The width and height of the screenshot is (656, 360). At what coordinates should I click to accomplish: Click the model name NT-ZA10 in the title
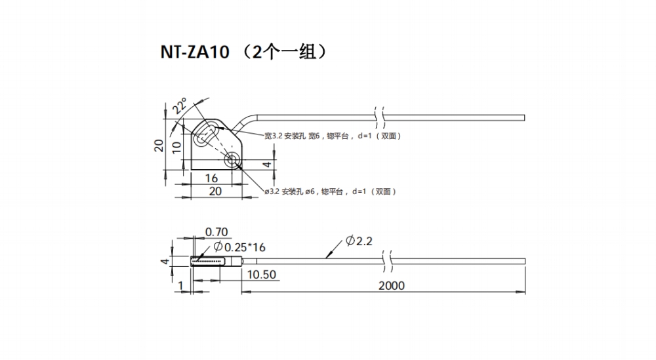[194, 52]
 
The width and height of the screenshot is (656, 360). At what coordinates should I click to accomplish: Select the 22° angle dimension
[179, 106]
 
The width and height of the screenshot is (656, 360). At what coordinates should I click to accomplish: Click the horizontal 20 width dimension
[215, 191]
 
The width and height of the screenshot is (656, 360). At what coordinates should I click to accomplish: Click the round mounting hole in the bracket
[232, 159]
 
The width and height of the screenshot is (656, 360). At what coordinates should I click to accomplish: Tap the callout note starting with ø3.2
[330, 191]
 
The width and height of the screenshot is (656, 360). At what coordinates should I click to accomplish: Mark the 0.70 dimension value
[216, 231]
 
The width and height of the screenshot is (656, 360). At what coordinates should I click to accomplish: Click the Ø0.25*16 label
[239, 247]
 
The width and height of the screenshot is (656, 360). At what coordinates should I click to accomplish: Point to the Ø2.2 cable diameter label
[359, 241]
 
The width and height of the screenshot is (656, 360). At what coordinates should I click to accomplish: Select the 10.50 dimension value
[262, 275]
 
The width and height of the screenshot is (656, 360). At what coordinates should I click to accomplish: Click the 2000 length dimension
[392, 285]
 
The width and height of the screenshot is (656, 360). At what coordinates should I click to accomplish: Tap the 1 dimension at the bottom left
[180, 285]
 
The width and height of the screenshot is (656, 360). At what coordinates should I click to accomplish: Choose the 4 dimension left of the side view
[165, 261]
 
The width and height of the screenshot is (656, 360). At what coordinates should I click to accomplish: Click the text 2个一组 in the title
[281, 52]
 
